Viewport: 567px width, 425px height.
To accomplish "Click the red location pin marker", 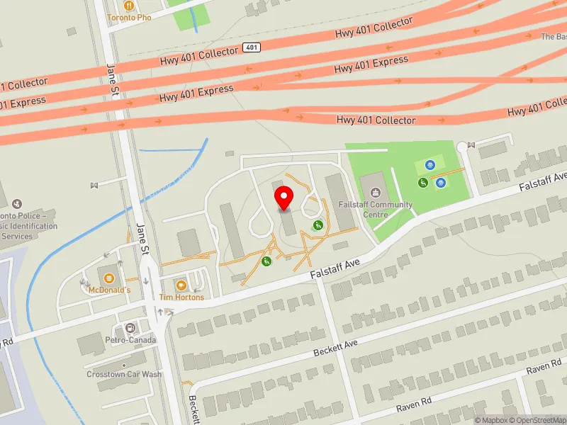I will [284, 198].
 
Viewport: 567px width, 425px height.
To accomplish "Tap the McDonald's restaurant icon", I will [109, 277].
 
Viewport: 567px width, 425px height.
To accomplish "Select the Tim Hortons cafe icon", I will [181, 285].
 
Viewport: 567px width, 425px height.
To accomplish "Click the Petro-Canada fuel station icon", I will [130, 328].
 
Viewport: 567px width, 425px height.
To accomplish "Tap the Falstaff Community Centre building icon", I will [374, 192].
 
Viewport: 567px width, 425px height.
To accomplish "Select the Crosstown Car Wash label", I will [124, 374].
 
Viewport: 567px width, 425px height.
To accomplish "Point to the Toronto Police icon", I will [18, 204].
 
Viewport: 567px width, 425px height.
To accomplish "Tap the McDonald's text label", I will [109, 290].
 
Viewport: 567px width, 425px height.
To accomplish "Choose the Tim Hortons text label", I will [181, 297].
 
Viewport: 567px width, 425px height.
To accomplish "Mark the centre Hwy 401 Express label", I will [196, 93].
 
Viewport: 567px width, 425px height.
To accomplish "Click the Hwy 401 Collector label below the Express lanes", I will [376, 120].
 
